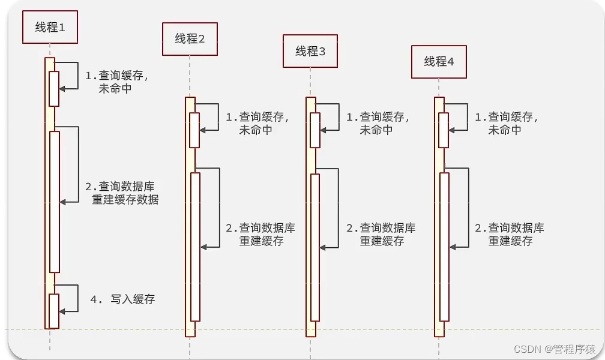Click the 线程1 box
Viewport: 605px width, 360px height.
50,28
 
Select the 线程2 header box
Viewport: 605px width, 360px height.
190,39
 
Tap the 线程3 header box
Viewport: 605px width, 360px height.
310,51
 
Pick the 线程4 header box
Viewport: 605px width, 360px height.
439,61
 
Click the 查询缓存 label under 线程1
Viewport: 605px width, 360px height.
115,82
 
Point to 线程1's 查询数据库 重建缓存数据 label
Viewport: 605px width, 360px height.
125,193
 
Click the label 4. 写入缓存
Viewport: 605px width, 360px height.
122,299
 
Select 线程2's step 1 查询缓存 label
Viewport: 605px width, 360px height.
257,124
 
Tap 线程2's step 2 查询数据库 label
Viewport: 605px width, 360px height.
260,235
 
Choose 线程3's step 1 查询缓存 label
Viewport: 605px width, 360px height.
378,124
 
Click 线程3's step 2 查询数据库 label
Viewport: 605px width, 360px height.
381,235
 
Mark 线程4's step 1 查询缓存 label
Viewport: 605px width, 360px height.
507,124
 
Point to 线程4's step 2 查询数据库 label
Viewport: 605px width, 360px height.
510,235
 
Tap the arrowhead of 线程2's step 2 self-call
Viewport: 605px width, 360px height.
203,247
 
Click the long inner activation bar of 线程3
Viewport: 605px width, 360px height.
315,247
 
